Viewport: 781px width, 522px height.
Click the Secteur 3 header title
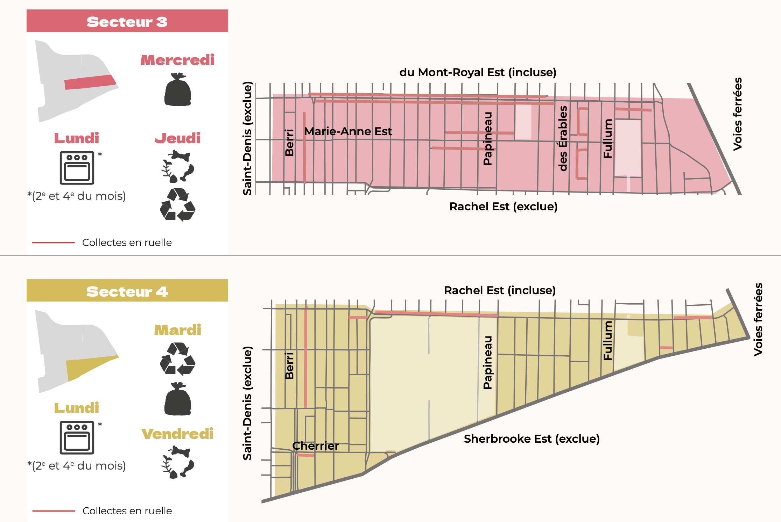127,22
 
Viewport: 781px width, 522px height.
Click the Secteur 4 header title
127,291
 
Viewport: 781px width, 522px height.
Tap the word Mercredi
177,60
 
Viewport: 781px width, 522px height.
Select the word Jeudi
178,138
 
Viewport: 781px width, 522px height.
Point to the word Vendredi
177,434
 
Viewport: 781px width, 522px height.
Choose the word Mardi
178,330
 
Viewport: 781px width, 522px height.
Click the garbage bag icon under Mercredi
178,90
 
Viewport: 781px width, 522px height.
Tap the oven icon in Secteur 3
77,168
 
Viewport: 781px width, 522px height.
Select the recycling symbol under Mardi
178,358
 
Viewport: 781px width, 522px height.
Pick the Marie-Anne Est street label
348,131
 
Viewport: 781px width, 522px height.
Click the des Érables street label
563,138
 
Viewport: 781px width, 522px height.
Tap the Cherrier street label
315,446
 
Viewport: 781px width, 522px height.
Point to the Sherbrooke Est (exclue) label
532,439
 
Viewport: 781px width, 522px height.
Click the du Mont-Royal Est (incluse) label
478,72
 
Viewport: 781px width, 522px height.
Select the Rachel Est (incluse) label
500,290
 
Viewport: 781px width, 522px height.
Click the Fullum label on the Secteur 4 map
608,340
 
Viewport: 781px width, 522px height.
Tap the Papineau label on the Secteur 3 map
487,138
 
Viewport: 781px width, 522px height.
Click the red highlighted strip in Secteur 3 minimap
90,82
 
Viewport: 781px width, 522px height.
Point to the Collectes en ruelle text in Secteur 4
127,511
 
